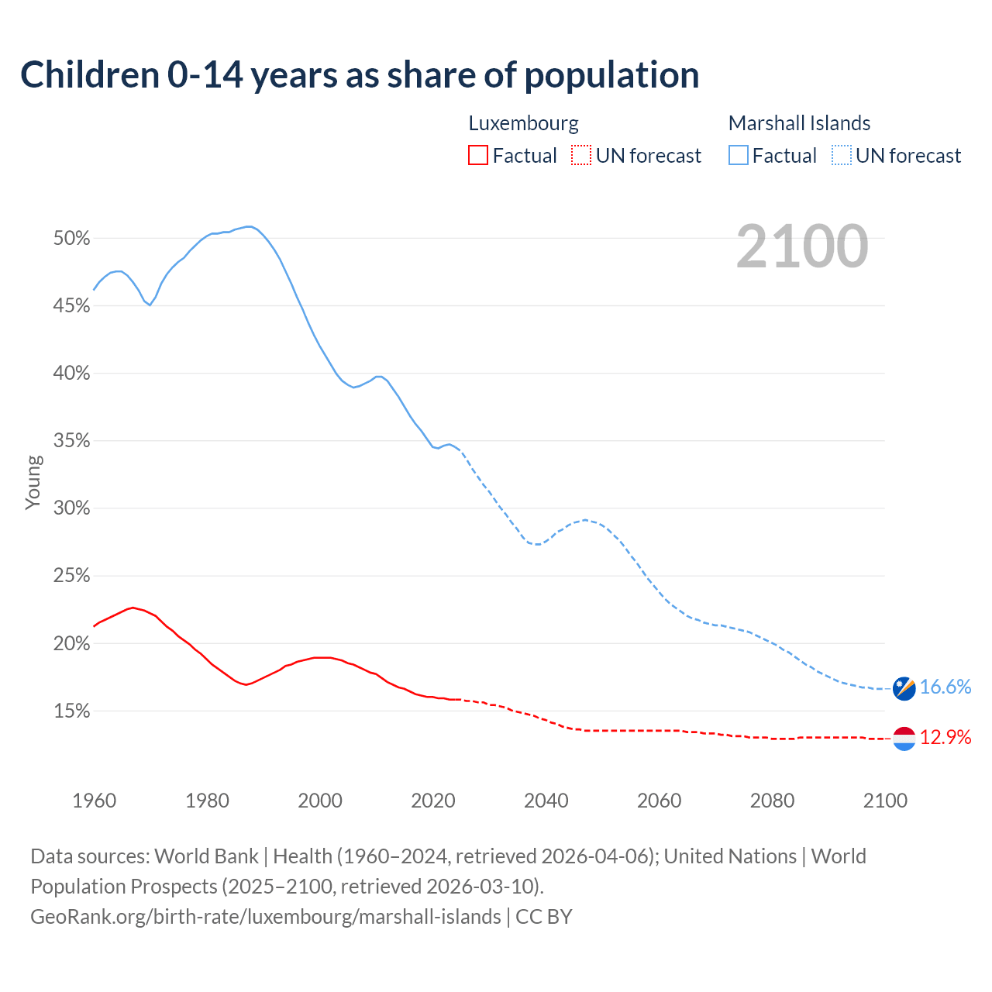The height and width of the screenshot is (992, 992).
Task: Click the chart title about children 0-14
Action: pos(360,75)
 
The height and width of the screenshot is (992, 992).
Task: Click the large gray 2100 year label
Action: pos(802,246)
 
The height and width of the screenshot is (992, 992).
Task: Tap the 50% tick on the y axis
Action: pos(71,239)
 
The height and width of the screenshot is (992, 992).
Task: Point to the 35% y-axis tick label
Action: pos(71,441)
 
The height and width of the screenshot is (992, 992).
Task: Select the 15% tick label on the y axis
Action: pos(71,711)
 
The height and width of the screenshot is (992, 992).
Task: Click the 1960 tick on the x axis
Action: pos(95,801)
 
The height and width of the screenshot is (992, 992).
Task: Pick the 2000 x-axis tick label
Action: pos(320,801)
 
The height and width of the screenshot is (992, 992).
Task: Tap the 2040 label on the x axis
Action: pos(546,801)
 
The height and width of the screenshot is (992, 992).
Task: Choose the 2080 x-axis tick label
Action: pos(772,801)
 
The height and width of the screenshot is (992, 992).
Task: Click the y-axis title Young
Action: pos(33,482)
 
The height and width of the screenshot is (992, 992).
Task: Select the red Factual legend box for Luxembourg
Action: pos(478,156)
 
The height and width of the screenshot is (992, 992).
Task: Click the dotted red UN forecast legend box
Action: pos(581,156)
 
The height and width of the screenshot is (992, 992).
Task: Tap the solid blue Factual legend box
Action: pos(739,156)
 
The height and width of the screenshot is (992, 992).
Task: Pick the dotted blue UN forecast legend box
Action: pos(842,156)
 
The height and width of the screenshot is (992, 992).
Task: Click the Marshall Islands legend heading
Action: pos(799,123)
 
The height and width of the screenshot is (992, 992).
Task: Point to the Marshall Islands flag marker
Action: pos(904,688)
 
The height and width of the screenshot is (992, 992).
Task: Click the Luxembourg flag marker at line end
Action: pos(904,739)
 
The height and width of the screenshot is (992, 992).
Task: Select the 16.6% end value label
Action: pos(945,687)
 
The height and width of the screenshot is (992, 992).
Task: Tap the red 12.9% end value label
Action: pos(945,737)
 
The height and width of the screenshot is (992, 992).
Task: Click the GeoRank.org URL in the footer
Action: pos(266,917)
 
